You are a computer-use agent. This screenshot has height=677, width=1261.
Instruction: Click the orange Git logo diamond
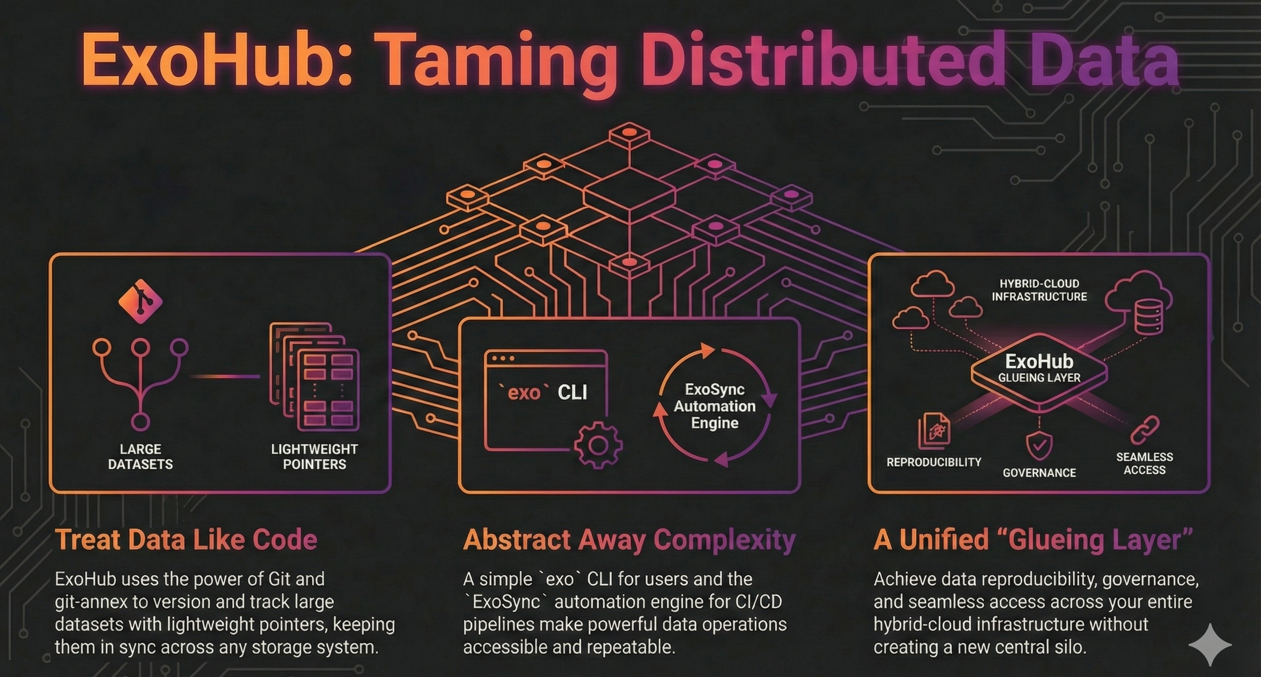tap(140, 301)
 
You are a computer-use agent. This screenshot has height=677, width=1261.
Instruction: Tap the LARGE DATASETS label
tap(140, 457)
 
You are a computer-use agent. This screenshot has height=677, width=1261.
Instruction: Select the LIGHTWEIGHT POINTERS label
tap(314, 457)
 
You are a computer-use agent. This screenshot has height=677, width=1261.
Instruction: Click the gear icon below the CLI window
tap(598, 445)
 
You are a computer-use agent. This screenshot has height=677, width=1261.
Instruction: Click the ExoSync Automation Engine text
tap(715, 406)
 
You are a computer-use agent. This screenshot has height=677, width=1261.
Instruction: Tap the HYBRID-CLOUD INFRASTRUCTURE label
tap(1039, 290)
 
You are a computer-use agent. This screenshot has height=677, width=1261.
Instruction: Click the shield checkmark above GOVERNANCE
tap(1039, 446)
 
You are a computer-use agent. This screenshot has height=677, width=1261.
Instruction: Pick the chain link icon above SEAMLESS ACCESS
tap(1145, 430)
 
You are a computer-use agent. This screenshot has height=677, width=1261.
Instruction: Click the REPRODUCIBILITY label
tap(934, 462)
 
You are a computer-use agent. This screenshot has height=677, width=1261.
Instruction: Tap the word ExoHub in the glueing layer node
tap(1039, 361)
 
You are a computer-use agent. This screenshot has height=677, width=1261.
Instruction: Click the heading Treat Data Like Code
tap(186, 539)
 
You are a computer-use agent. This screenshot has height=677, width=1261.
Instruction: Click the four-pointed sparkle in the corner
tap(1210, 645)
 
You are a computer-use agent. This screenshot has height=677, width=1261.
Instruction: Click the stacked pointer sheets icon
tap(314, 376)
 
